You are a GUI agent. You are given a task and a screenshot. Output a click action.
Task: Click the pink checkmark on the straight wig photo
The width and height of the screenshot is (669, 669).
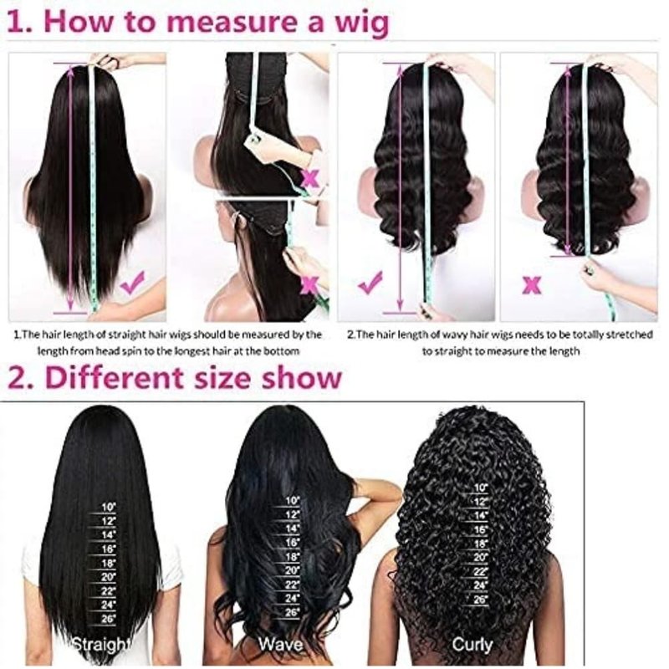tap(132, 282)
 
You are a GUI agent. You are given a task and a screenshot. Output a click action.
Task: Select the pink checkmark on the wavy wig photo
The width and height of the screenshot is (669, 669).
tap(370, 282)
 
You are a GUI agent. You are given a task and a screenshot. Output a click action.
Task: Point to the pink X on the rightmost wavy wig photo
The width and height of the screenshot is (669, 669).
tap(532, 285)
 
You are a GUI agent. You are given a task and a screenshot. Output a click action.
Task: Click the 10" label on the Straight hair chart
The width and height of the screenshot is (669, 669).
tap(109, 508)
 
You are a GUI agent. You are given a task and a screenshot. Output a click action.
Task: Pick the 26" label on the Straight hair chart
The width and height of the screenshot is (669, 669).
tap(109, 619)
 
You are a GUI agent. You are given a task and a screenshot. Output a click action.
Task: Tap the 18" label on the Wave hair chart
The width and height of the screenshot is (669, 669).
tap(292, 557)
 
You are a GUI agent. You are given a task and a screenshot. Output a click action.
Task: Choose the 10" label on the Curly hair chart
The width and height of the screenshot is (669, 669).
tap(480, 488)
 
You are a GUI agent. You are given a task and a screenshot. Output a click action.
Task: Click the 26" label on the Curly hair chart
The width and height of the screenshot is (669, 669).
tap(480, 599)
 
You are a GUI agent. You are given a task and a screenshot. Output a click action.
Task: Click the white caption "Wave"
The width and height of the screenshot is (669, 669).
tap(281, 644)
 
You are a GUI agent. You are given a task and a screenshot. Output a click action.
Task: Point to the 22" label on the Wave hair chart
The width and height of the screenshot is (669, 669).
tap(292, 585)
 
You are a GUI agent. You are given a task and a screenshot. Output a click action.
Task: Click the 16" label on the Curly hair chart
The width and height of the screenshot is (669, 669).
tap(480, 529)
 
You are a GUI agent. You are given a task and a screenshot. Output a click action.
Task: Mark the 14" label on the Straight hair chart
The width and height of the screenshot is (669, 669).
tap(109, 535)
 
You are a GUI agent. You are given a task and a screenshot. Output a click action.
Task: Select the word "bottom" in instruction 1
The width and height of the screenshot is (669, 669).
tap(284, 351)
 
